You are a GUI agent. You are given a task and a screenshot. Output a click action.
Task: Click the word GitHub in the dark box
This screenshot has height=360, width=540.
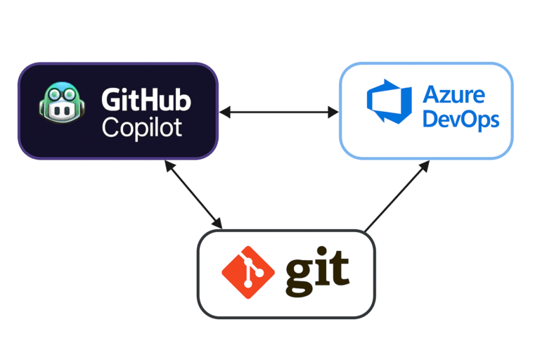pyautogui.click(x=146, y=101)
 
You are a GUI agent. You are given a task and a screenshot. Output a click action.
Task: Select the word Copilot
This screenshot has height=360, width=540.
pyautogui.click(x=141, y=127)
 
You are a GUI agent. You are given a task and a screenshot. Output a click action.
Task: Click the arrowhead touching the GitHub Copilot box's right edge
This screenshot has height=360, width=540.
pyautogui.click(x=224, y=112)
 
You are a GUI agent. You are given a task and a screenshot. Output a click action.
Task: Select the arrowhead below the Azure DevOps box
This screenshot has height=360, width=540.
pyautogui.click(x=425, y=166)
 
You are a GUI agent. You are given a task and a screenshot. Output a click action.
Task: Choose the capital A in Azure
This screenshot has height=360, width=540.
pyautogui.click(x=430, y=95)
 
